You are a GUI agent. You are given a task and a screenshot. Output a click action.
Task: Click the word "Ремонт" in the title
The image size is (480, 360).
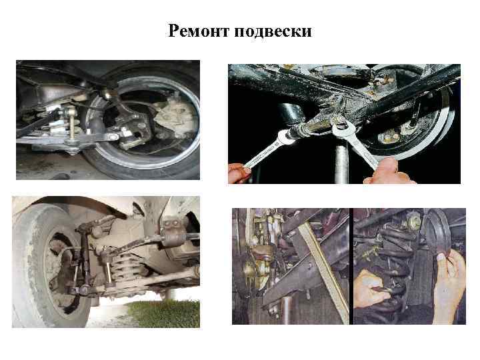coord(199,31)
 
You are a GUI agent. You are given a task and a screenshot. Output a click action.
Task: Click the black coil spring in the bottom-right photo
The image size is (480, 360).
coord(393,273)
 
